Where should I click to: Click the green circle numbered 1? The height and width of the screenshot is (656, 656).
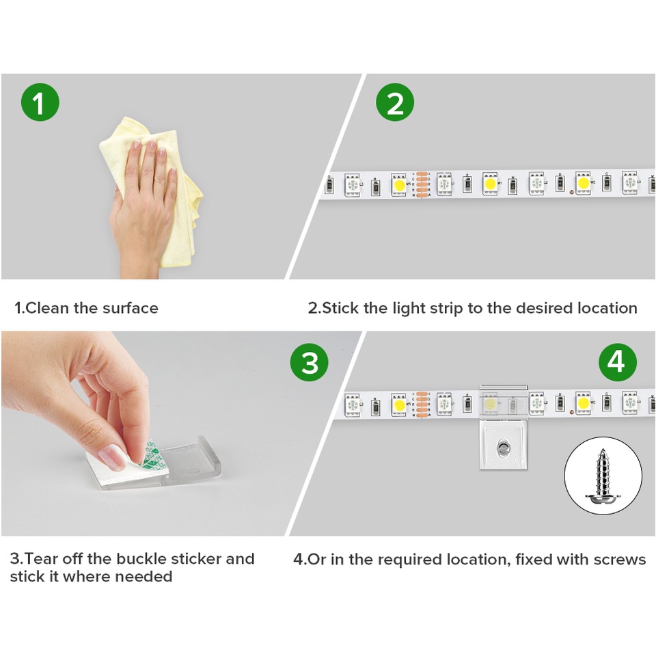(40, 102)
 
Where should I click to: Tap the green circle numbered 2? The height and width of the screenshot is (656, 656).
(395, 102)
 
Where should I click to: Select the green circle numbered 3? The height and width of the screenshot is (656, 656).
(309, 362)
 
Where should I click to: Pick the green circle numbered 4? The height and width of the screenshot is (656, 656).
(618, 362)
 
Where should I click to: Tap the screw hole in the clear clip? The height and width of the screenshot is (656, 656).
(502, 449)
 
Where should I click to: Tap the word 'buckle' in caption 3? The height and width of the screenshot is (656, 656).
(141, 559)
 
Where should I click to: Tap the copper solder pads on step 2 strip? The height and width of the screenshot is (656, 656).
(422, 184)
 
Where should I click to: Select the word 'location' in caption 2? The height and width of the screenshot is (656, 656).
(607, 308)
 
